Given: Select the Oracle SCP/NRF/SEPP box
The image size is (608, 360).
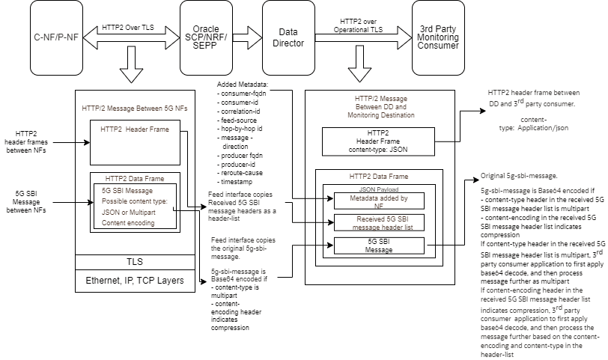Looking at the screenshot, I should [206, 37].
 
